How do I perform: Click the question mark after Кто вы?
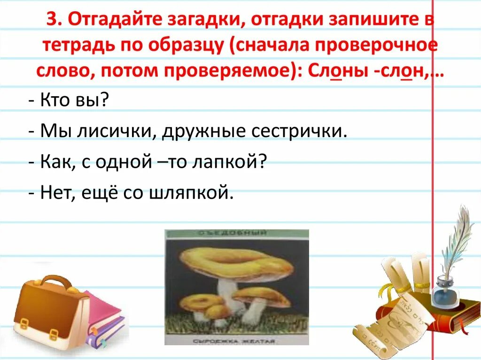coord(105,100)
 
